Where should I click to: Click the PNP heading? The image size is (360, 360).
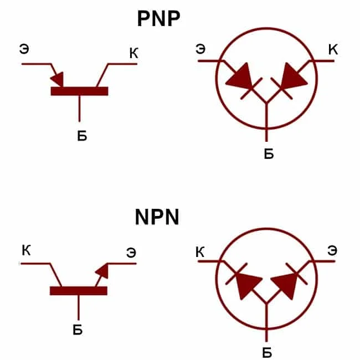tap(158, 19)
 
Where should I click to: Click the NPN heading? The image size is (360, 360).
tap(157, 217)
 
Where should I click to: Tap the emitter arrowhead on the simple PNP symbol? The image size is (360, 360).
tap(58, 79)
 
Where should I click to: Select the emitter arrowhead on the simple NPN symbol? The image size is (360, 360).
tap(102, 271)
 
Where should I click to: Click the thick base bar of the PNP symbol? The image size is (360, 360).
tap(79, 91)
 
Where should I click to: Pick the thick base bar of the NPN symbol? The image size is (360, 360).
tap(79, 291)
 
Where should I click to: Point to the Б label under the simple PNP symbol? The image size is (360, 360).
tap(82, 136)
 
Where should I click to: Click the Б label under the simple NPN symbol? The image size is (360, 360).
tap(78, 330)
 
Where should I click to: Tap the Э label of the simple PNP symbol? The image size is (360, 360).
tap(24, 49)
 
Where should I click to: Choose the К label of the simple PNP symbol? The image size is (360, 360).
tap(134, 53)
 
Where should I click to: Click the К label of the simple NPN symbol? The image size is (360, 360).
tap(26, 250)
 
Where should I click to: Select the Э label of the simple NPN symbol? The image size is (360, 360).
tap(131, 253)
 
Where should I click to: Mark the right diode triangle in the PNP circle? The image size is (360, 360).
tap(294, 76)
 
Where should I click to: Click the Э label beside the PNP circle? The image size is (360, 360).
tap(200, 49)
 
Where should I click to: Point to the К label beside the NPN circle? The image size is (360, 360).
tap(200, 252)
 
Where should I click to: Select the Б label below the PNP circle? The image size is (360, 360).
tap(269, 153)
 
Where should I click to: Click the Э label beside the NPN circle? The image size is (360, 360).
tap(332, 250)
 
